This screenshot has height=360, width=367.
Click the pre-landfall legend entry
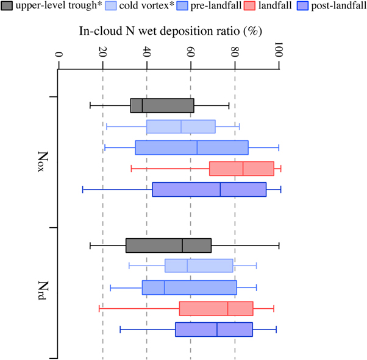tap(233, 6)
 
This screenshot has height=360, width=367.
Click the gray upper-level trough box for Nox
tap(162, 105)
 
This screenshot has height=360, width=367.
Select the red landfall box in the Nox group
tap(241, 168)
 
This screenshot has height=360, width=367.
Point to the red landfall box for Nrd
tap(216, 308)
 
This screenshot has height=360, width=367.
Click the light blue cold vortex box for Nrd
tap(199, 266)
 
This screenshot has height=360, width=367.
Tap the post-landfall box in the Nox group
tap(209, 189)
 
